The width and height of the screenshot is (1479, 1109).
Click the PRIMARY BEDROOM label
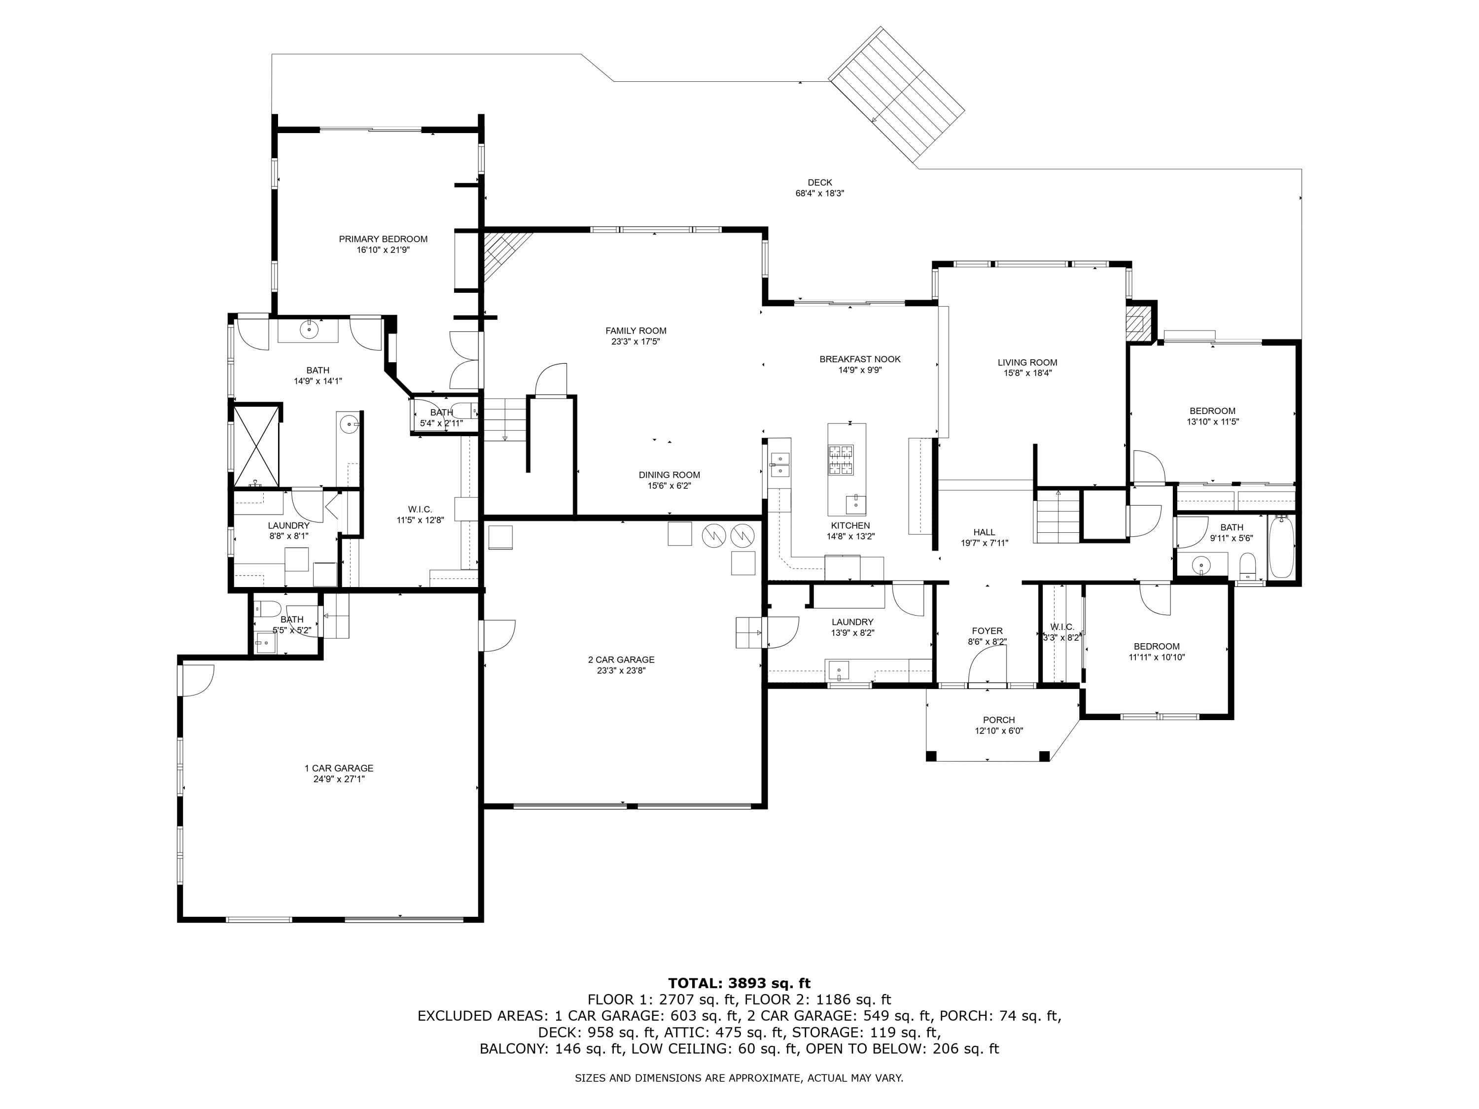tap(383, 239)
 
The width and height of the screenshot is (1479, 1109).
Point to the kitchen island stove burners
tap(841, 460)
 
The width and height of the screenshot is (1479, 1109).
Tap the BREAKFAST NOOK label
tap(859, 359)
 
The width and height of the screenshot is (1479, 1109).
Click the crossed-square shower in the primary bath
tap(255, 445)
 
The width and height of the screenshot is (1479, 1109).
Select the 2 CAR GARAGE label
tap(621, 659)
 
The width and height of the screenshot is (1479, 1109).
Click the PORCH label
tap(998, 720)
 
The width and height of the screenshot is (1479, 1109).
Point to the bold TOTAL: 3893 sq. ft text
tap(739, 983)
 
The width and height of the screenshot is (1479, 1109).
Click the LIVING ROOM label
tap(1026, 362)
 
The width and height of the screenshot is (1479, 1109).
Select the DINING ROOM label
tap(669, 475)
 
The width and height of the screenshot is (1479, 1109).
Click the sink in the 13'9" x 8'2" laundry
tap(838, 669)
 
